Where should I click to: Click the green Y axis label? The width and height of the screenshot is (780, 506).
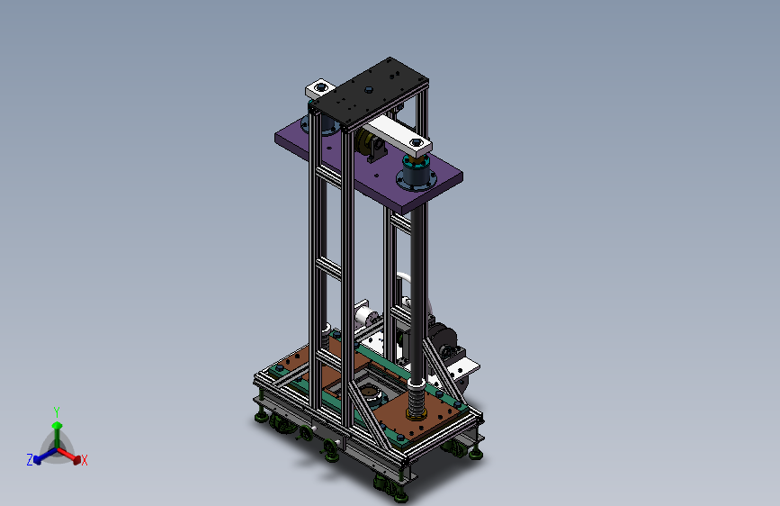(57, 411)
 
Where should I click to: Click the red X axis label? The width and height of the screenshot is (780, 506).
(84, 460)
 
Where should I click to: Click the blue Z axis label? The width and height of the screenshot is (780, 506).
(30, 460)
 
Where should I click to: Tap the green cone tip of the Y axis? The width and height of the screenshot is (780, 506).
(58, 425)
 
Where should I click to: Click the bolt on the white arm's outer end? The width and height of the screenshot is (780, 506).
(417, 143)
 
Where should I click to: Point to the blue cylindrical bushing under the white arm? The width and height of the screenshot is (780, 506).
(417, 173)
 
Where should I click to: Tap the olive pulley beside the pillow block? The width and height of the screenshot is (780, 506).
(363, 140)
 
